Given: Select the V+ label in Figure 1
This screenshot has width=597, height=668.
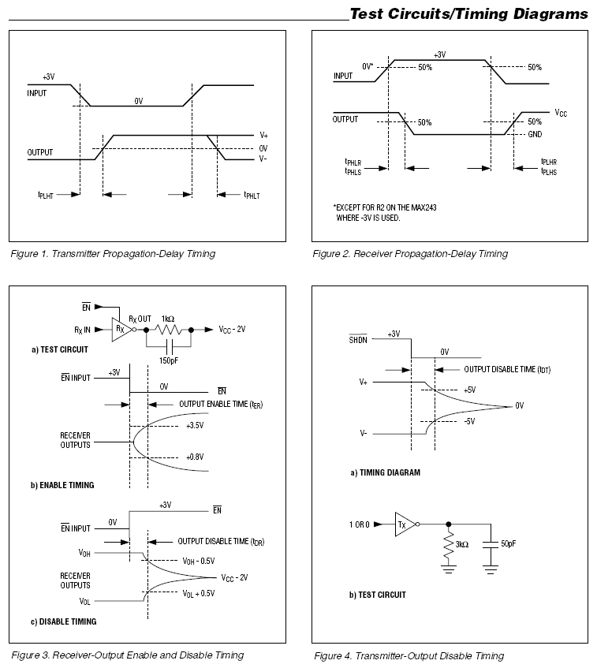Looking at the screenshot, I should click(263, 136).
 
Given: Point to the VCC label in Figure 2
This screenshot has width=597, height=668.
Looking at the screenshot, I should click(560, 113).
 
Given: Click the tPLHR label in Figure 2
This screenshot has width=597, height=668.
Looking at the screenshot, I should click(550, 162).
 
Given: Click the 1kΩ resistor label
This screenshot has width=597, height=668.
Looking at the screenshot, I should click(167, 317).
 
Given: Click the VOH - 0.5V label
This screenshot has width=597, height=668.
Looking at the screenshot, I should click(198, 561).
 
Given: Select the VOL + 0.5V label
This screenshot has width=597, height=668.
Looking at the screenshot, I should click(198, 593).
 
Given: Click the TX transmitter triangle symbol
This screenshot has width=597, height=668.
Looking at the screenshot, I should click(404, 524).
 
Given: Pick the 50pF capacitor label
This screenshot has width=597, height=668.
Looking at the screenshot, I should click(509, 544).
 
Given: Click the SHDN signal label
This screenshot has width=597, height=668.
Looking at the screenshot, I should click(359, 340).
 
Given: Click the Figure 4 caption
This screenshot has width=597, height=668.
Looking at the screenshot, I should click(409, 655).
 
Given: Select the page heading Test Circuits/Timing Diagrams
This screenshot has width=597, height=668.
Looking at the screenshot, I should click(468, 14).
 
